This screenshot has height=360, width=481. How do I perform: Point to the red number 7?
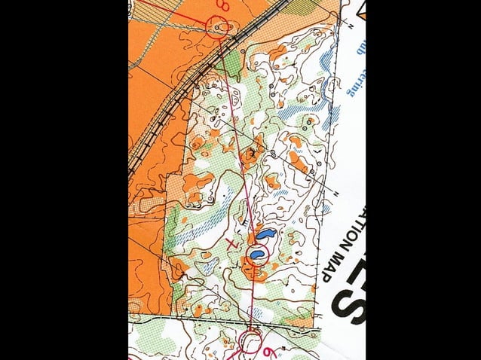tap(233, 243)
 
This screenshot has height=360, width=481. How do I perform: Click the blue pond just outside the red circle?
tap(263, 234)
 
